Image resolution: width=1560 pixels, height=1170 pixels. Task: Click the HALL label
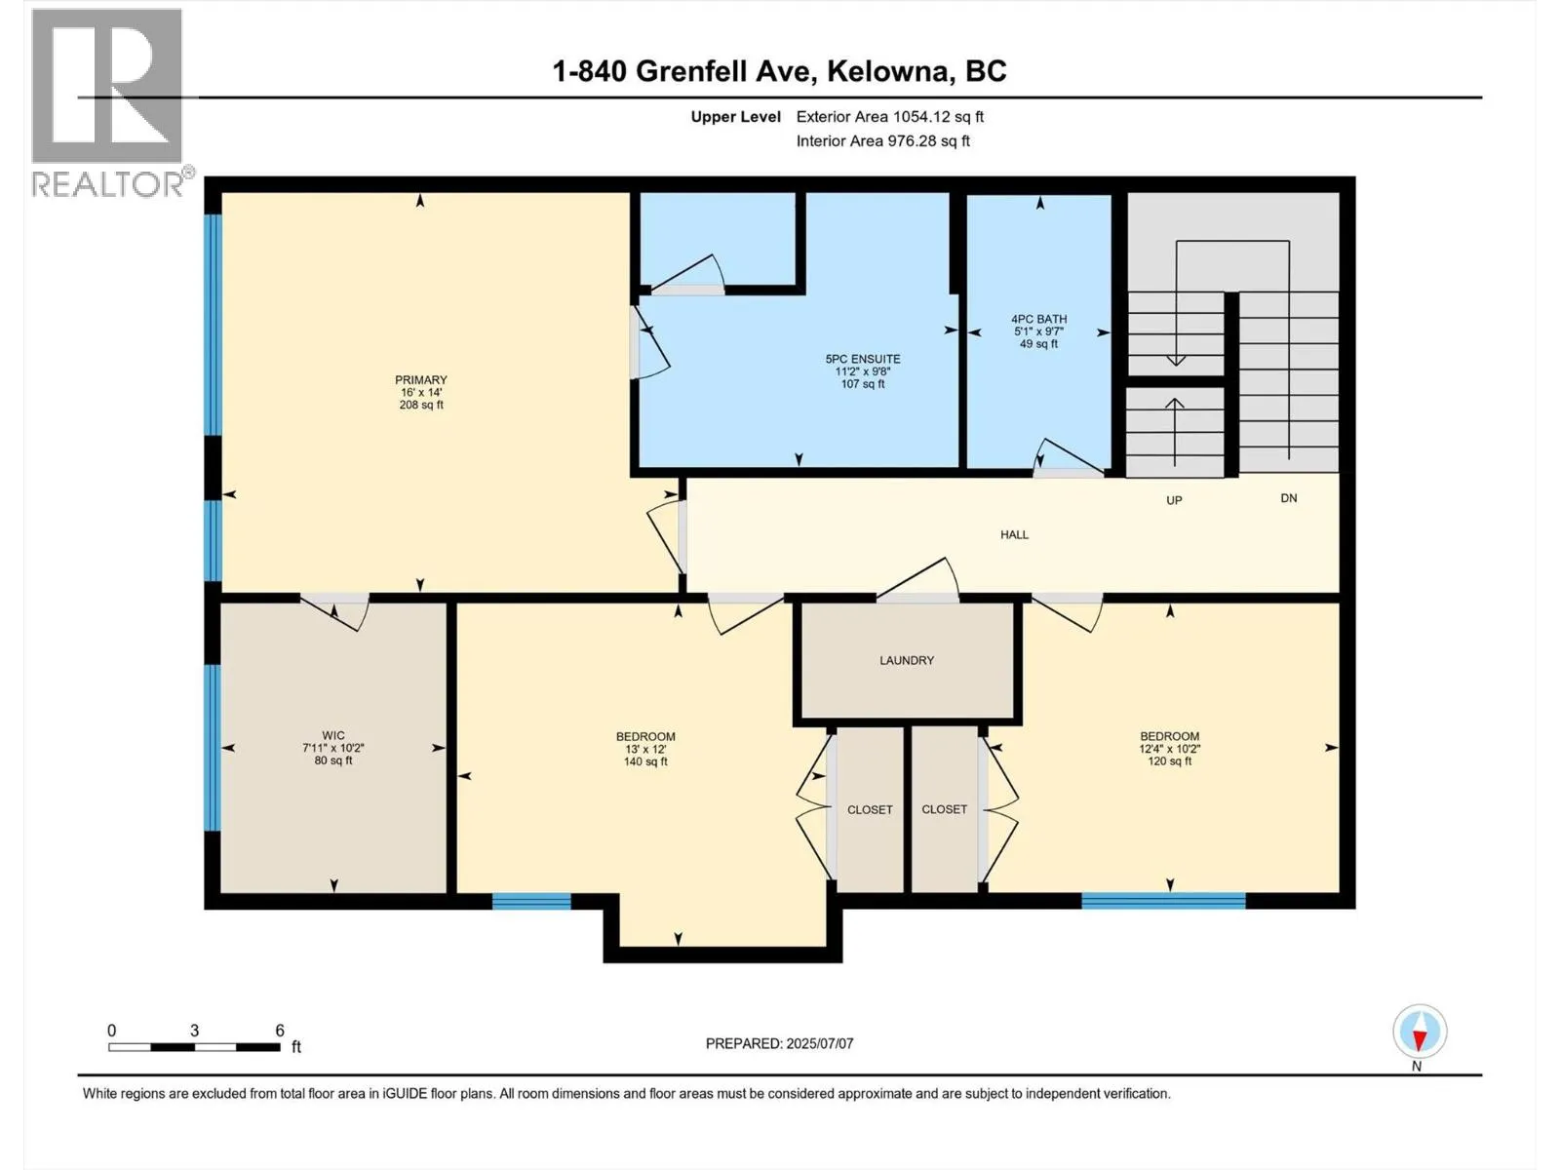tap(1014, 535)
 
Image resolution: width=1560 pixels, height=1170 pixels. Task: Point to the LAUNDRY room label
tap(907, 661)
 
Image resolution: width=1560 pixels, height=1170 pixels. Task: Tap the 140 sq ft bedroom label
tap(645, 749)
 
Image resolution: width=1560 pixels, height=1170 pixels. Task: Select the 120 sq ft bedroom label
tap(1169, 749)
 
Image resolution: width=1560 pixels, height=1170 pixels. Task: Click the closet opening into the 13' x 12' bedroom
tap(870, 810)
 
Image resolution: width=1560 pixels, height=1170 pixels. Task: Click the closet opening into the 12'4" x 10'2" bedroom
tap(944, 810)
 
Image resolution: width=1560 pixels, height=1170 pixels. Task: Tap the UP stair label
tap(1174, 500)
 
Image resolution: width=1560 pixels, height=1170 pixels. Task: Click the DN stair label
tap(1289, 498)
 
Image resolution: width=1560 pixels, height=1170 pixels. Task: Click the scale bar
tap(194, 1047)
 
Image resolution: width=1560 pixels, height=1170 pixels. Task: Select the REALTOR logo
tap(107, 102)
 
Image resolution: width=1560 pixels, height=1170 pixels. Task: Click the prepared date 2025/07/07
tap(779, 1043)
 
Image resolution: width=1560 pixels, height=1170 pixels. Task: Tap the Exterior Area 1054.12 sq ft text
tap(889, 117)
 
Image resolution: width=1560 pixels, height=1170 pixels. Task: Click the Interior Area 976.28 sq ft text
tap(882, 141)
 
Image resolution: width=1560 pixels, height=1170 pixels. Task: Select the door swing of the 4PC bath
tap(1067, 458)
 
